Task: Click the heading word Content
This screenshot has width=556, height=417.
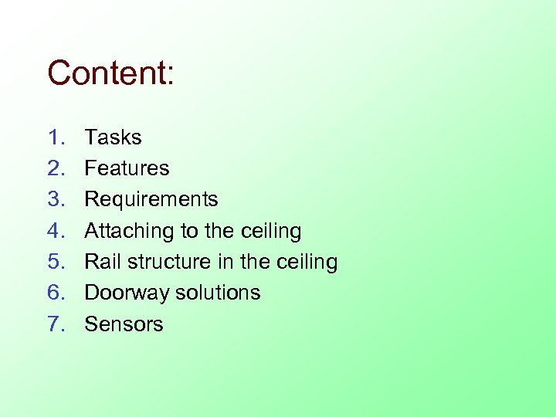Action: click(111, 73)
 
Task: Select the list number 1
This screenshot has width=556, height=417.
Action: click(55, 137)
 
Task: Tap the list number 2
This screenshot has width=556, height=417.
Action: click(55, 168)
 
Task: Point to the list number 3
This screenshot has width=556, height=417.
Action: click(55, 199)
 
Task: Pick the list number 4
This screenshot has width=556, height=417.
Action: click(55, 231)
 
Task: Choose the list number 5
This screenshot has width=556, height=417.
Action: click(55, 262)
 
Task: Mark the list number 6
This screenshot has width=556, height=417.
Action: click(55, 293)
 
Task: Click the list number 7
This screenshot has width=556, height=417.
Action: click(55, 324)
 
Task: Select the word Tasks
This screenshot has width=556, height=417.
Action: click(113, 137)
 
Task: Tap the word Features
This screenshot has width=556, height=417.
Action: click(127, 168)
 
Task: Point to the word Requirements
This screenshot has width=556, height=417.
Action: click(151, 199)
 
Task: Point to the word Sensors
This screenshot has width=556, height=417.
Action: click(124, 324)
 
